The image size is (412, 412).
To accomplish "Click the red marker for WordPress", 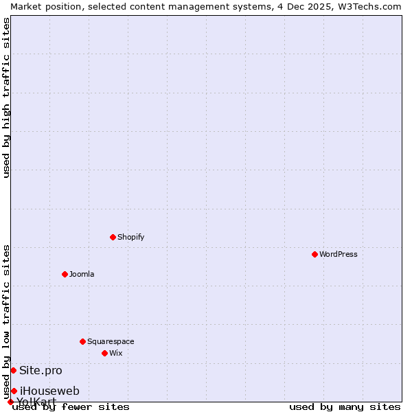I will (x=314, y=254).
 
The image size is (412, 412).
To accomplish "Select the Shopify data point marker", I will (x=113, y=237).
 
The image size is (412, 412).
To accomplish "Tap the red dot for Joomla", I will (x=65, y=274).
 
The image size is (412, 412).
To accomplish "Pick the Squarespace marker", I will (x=82, y=341).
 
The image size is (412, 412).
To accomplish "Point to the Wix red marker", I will (x=104, y=353).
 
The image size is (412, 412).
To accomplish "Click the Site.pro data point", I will (x=13, y=370).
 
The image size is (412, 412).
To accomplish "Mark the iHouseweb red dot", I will (x=14, y=391).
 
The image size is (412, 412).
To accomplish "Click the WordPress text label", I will (x=339, y=254).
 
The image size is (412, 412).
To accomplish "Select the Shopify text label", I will (x=130, y=237).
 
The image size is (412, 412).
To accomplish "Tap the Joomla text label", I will (x=82, y=274).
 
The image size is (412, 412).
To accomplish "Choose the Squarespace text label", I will (x=111, y=341).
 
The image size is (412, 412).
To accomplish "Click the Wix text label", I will (x=115, y=353).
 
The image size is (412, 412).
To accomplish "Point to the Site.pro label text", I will (x=41, y=370).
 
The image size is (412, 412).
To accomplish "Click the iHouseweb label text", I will (x=49, y=391).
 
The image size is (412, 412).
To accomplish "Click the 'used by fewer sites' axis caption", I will (x=71, y=407).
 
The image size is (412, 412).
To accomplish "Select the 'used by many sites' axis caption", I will (x=345, y=407).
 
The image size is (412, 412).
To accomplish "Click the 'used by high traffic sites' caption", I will (x=6, y=98).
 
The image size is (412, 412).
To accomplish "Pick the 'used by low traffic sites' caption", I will (x=6, y=321).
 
